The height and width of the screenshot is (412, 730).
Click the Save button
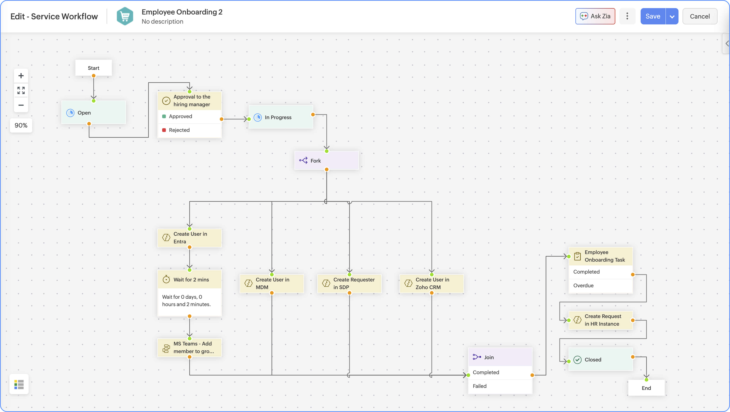653,16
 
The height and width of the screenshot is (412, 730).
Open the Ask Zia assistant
595,16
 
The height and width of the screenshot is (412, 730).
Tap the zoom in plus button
21,76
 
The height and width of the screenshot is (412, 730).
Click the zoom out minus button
21,105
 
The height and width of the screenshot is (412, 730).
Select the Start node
93,68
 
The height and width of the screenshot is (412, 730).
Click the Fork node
326,161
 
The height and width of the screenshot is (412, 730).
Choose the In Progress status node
281,117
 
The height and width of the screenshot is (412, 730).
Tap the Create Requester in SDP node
349,283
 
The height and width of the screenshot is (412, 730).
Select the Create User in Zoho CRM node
432,283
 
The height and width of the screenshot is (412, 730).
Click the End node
646,388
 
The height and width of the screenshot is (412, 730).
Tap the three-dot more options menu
627,16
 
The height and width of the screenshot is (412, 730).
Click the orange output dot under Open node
89,124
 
